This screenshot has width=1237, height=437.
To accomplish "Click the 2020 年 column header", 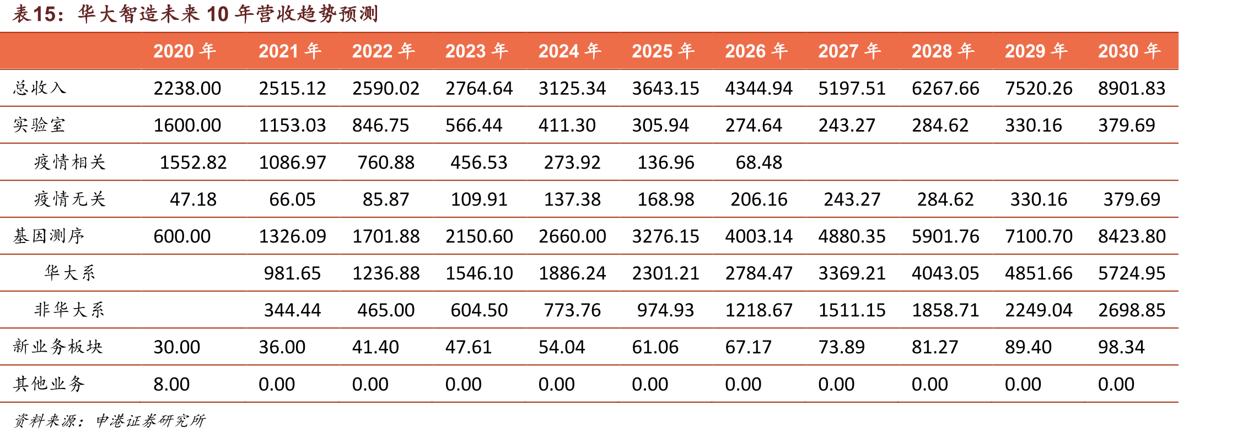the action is [185, 51].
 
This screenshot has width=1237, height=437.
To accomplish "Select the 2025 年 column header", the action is [663, 51].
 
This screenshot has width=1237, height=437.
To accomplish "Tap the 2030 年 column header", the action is [1130, 51].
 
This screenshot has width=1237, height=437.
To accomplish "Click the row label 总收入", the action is [40, 88].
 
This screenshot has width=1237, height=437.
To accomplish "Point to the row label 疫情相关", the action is [70, 162].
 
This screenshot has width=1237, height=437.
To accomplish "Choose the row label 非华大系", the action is [69, 310].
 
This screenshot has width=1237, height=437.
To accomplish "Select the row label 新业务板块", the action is [58, 347].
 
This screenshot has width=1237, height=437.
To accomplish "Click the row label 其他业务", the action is [49, 384].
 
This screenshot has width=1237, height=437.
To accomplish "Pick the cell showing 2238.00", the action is [187, 88].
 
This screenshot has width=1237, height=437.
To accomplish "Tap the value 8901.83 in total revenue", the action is [1132, 88].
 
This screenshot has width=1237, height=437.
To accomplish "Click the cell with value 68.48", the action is [759, 163].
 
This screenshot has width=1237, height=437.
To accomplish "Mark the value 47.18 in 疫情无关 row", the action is [193, 199].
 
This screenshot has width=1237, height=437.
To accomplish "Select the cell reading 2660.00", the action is [572, 236].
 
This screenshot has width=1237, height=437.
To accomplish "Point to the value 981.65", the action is [292, 273].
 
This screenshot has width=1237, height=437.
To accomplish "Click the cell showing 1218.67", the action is [759, 310].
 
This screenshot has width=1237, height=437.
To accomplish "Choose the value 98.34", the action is [1121, 347].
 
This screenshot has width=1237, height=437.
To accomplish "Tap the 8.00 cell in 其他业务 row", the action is [171, 384].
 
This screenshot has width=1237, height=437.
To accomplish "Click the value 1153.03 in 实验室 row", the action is [292, 125].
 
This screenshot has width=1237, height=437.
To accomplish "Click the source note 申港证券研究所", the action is [150, 421].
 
